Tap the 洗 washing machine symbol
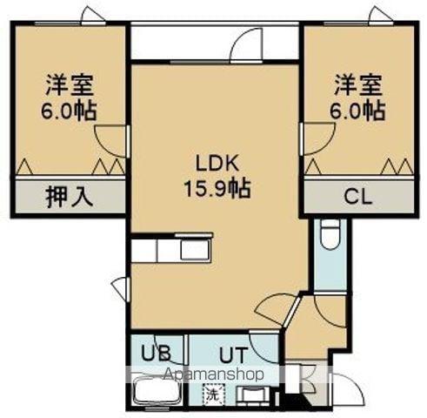(x=211, y=394)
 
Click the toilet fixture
(x=330, y=233)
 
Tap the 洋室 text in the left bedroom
(x=70, y=86)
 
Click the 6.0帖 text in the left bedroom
(x=70, y=111)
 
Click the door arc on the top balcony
(x=249, y=44)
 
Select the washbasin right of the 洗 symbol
(x=254, y=397)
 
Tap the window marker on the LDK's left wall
(x=122, y=287)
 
